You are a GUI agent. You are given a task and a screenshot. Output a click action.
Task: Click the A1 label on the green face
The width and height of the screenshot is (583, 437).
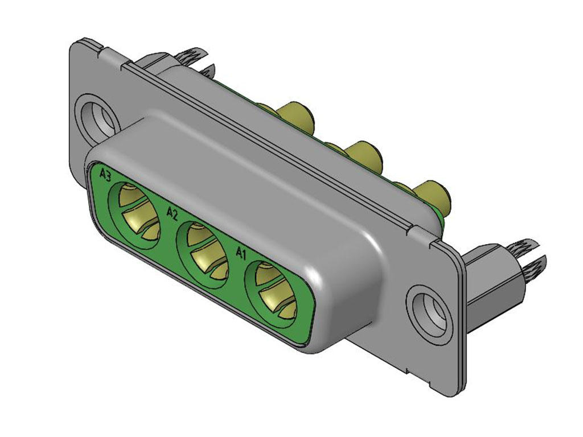click(x=241, y=252)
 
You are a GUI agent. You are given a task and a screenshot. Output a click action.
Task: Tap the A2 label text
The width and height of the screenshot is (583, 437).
click(x=172, y=213)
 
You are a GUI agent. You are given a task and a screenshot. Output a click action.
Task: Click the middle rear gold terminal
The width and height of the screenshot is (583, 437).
click(x=364, y=156)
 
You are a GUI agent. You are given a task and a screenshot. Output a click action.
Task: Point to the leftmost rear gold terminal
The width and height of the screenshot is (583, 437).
click(x=296, y=117)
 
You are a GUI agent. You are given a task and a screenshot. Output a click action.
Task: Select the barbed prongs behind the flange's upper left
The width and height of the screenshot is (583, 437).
click(x=194, y=57)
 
